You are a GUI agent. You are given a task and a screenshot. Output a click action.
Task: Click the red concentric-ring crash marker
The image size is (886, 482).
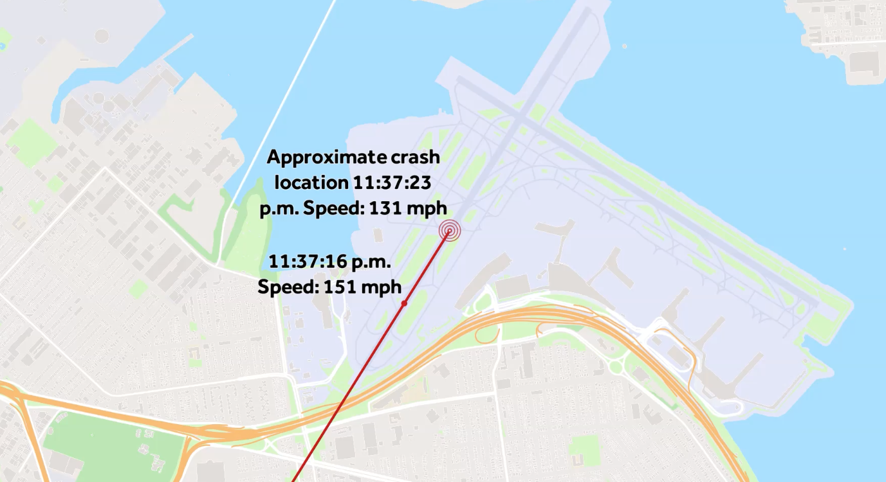450,229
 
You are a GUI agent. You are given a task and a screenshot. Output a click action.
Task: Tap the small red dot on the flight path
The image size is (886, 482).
404,303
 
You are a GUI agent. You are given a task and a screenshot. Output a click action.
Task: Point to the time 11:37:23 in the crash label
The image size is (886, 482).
391,183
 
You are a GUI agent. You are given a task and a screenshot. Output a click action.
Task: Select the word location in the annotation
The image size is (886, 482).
311,183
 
